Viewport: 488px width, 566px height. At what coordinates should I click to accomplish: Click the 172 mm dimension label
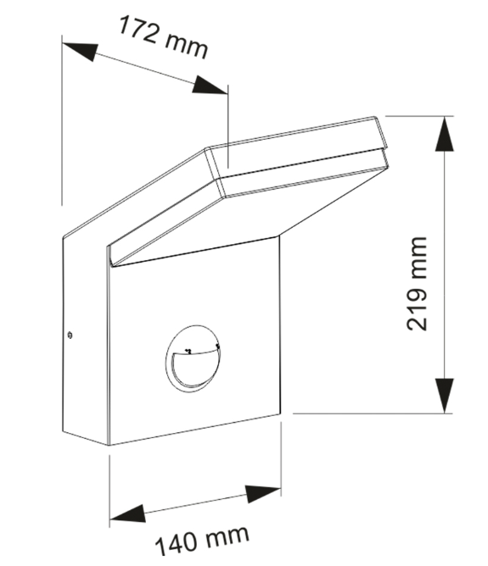click(164, 36)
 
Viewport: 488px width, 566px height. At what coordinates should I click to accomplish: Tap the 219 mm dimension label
click(417, 284)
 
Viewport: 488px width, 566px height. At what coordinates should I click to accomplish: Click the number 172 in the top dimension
click(137, 30)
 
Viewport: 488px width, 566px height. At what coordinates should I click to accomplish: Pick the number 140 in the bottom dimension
click(177, 545)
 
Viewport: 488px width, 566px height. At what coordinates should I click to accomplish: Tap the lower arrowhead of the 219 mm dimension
click(444, 396)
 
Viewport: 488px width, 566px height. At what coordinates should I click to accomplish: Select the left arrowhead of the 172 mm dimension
click(81, 51)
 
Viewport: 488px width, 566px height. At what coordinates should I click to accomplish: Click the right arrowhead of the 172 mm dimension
click(210, 86)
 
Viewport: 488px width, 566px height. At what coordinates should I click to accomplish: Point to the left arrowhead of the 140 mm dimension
click(127, 514)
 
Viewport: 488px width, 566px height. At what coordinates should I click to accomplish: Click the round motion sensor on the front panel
click(193, 358)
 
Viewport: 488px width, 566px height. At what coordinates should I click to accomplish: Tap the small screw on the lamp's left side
click(70, 336)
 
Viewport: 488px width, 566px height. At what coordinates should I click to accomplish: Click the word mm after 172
click(186, 47)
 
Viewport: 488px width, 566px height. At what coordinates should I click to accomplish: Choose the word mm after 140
click(227, 535)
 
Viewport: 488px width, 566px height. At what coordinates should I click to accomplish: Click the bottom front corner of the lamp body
click(109, 445)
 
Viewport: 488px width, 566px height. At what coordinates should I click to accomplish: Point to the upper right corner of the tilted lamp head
click(374, 117)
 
